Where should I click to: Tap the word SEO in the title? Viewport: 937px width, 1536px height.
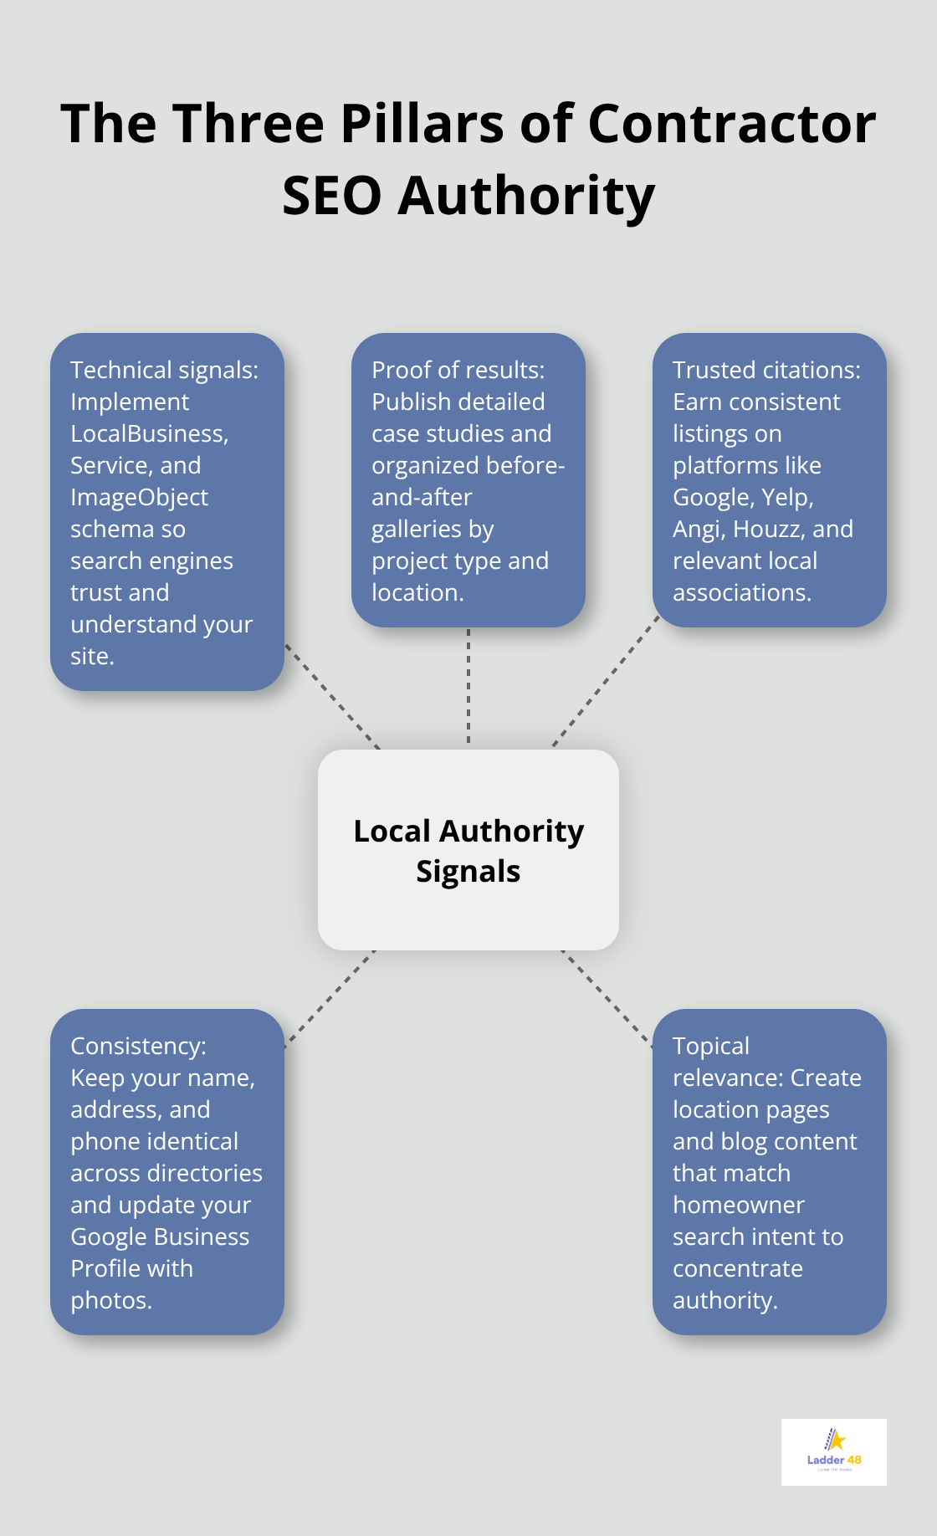click(x=331, y=196)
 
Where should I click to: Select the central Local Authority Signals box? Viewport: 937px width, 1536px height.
click(x=468, y=850)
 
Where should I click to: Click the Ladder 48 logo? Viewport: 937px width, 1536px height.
click(x=833, y=1452)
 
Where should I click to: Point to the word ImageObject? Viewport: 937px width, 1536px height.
click(x=139, y=497)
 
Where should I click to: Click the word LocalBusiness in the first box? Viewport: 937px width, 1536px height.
click(x=148, y=433)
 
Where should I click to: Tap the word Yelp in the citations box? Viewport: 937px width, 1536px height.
click(x=786, y=497)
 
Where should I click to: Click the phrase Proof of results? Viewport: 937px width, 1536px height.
click(x=457, y=370)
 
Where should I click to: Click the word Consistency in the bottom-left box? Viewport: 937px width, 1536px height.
click(x=137, y=1046)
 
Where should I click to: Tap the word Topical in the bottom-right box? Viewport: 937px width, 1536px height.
click(x=710, y=1046)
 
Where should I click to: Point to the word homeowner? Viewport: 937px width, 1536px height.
click(x=738, y=1205)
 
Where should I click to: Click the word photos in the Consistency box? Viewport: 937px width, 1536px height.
click(x=110, y=1300)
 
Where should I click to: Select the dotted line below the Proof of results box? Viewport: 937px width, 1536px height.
click(x=468, y=686)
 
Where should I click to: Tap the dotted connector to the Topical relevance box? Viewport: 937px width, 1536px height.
click(x=606, y=997)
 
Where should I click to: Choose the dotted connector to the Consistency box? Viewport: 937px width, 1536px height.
click(x=330, y=997)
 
